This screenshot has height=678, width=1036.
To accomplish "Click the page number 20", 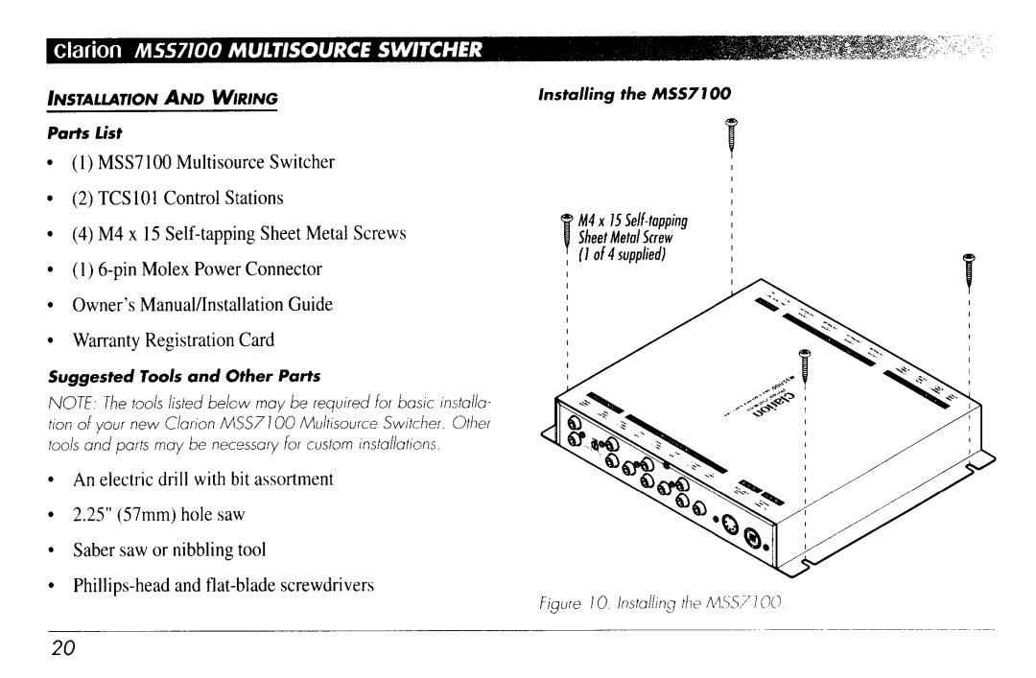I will (x=63, y=647).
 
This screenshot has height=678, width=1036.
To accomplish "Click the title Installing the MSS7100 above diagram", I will (x=634, y=94).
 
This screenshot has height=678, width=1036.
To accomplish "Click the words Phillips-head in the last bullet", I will (x=117, y=585).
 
